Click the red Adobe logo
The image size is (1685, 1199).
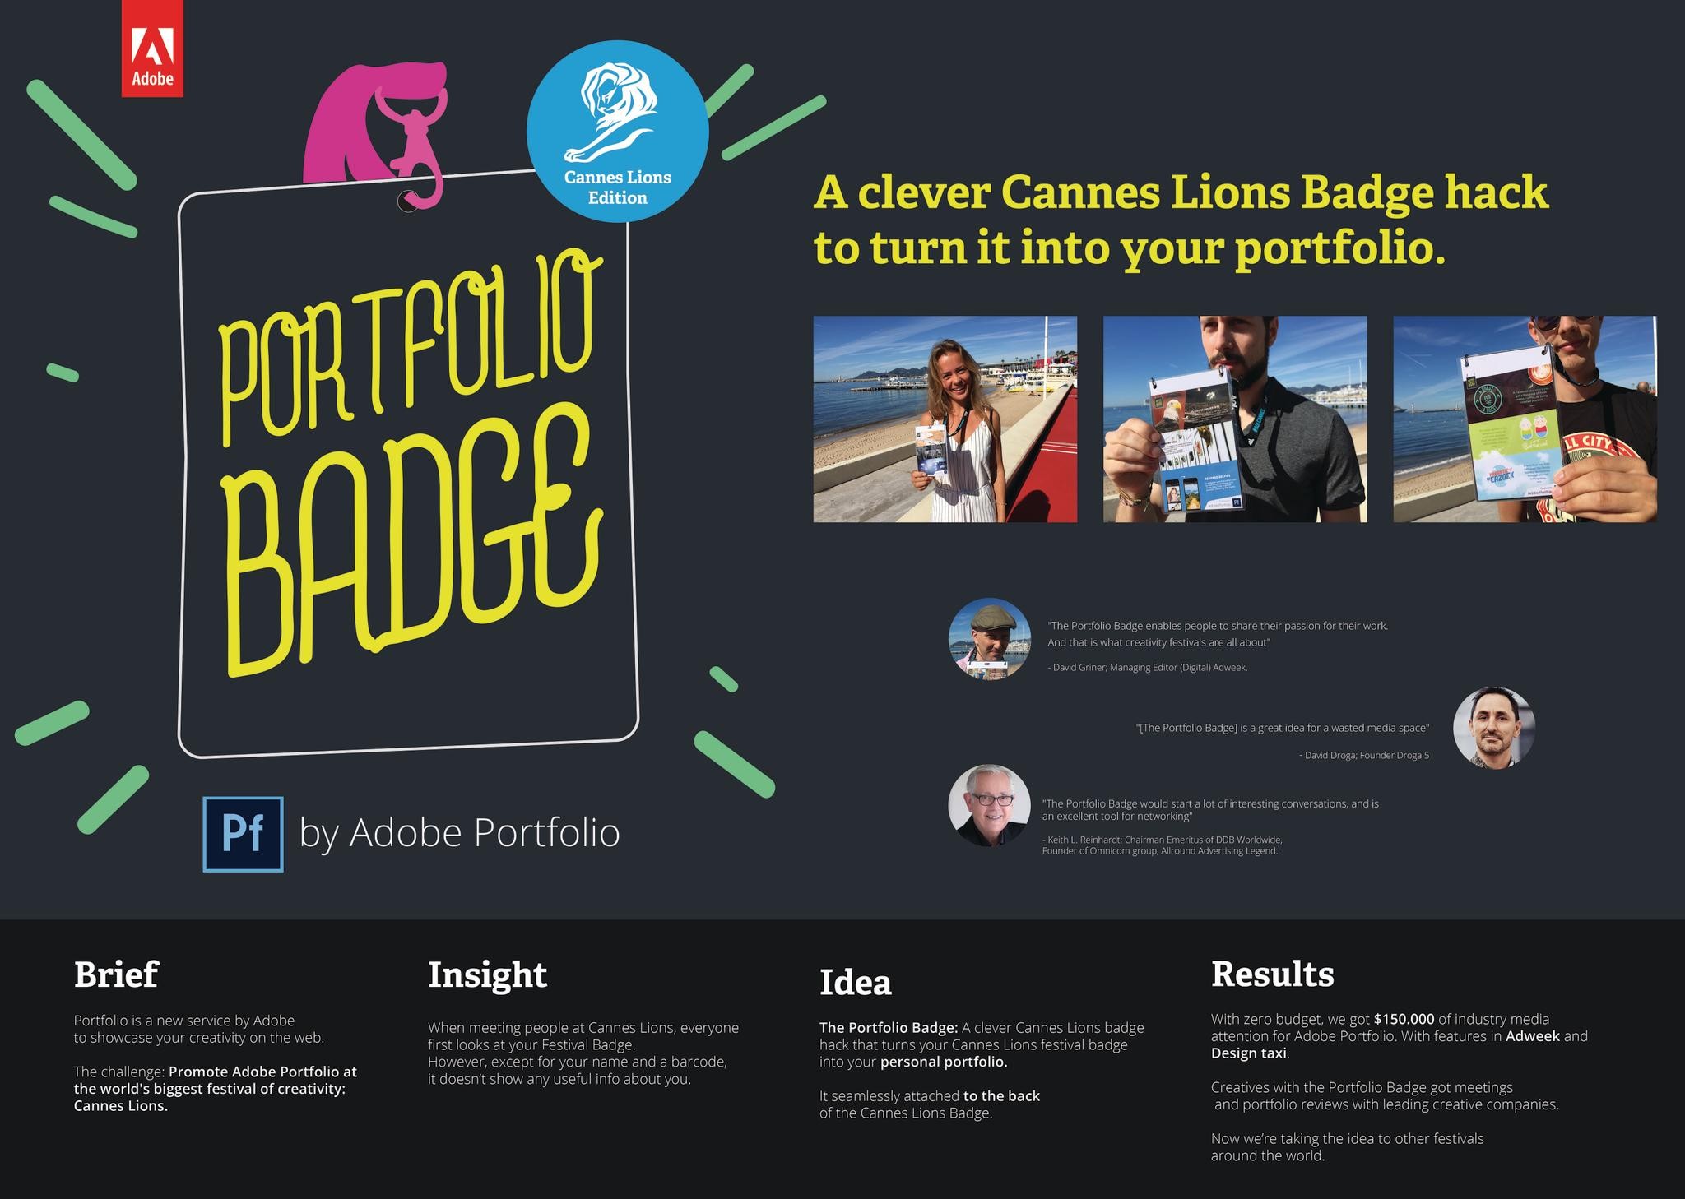152,49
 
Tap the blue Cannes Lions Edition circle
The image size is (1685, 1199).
617,132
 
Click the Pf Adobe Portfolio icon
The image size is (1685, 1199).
244,833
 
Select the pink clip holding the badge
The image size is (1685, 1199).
411,132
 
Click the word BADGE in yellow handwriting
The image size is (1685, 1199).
411,543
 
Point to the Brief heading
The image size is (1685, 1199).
116,974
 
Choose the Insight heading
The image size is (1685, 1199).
487,974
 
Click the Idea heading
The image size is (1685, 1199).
855,982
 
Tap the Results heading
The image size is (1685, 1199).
1272,974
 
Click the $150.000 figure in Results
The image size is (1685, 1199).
1404,1019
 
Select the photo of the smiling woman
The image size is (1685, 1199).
945,419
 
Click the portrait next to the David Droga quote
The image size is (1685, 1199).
1493,728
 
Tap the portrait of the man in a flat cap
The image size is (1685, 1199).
989,638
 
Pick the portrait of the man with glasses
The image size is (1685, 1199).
989,806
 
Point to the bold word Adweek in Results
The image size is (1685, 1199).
1532,1036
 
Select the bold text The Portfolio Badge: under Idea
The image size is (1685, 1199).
889,1027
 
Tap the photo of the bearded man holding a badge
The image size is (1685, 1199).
1235,419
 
